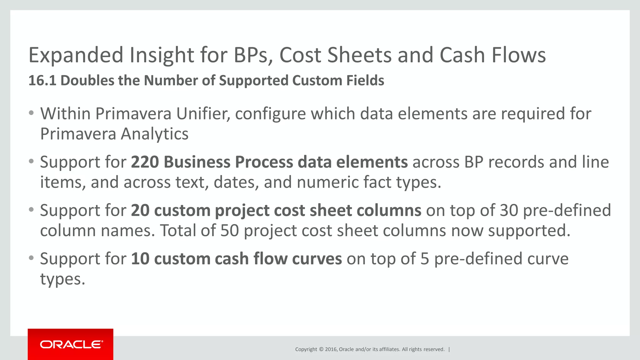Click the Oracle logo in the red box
coord(71,344)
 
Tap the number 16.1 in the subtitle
coord(42,81)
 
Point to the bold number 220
coord(145,162)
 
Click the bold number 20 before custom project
coord(140,211)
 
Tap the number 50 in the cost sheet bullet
coord(230,231)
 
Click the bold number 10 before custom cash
coord(140,259)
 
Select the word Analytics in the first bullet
coord(154,134)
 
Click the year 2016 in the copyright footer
coord(331,349)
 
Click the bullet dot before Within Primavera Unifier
coord(31,113)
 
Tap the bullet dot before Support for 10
coord(31,258)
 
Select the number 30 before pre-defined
coord(509,211)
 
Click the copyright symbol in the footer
coord(321,349)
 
